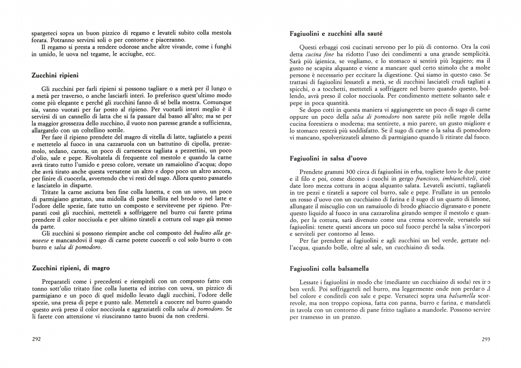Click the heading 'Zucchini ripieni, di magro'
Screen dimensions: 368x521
coord(70,268)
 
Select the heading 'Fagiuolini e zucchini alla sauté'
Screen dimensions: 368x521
coord(336,34)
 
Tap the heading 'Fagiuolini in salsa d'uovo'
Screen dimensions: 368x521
coord(328,158)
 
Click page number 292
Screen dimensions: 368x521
coord(37,339)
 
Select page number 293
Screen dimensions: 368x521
coord(486,339)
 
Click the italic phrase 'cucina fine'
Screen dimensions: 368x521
coord(320,54)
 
